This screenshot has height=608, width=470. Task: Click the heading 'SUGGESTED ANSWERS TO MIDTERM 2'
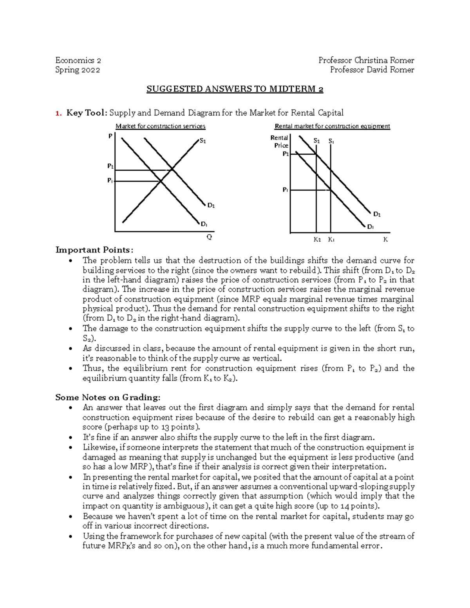[235, 89]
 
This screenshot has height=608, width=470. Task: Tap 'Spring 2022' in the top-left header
[78, 70]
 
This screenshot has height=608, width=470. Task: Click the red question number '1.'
[58, 113]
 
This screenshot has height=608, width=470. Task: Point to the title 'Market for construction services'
[160, 126]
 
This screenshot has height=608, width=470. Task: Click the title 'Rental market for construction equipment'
[332, 126]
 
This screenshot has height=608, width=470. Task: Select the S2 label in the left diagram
[202, 141]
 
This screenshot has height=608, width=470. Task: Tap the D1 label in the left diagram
[204, 224]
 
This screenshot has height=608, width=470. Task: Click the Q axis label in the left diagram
[209, 237]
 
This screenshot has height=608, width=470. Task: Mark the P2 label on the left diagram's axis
[110, 166]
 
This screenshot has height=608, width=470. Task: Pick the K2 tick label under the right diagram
[317, 240]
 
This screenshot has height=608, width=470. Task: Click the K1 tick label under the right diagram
[331, 240]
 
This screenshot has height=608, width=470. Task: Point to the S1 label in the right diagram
[331, 141]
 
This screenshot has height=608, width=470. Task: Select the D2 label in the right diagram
[377, 214]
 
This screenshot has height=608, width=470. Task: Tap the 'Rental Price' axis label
[280, 141]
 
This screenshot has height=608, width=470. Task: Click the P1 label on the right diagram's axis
[286, 190]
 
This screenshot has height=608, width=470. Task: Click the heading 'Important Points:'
[94, 250]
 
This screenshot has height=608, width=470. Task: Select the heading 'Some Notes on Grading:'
[108, 397]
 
